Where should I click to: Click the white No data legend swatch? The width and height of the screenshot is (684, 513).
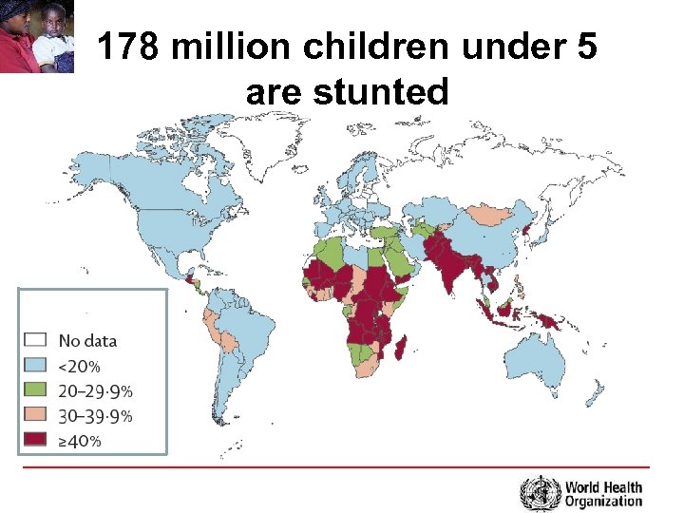(35, 340)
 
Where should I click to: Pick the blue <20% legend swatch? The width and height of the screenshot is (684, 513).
(35, 366)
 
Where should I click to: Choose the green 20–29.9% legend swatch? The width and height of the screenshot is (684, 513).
(35, 390)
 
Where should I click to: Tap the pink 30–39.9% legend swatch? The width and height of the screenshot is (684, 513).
(35, 415)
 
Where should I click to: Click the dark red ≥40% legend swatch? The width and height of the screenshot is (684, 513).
(35, 440)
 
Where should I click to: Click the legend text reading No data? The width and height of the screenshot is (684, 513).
(88, 340)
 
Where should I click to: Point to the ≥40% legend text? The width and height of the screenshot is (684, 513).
(80, 441)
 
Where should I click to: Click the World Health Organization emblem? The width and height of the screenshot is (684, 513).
(540, 493)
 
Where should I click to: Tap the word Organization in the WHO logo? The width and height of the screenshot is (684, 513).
(603, 501)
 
